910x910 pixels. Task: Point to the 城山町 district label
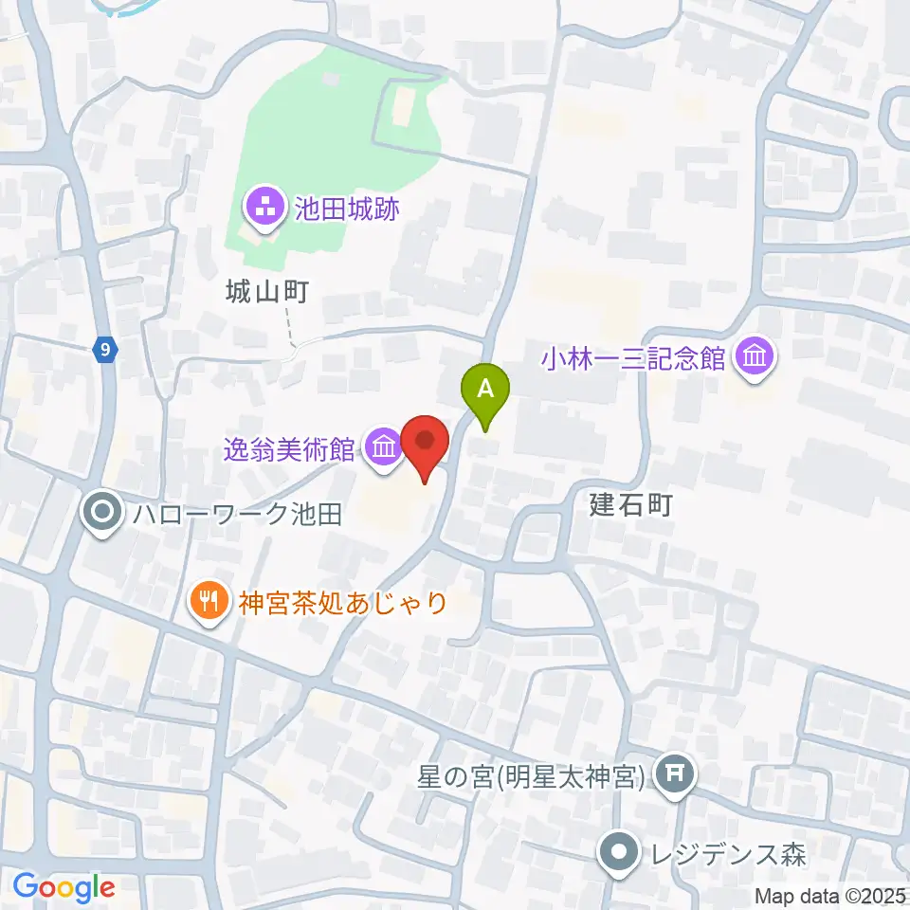pos(267,293)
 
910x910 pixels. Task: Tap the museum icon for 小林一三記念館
pos(756,357)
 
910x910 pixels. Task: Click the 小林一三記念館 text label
pos(633,358)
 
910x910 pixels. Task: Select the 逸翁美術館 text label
pos(289,446)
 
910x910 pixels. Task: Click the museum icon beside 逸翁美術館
pos(384,446)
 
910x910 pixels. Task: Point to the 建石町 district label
pos(631,505)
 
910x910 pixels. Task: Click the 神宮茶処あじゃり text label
pos(343,602)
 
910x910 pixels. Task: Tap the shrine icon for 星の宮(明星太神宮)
pos(679,774)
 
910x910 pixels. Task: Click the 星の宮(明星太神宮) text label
pos(532,776)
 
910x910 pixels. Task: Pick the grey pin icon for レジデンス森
pos(619,853)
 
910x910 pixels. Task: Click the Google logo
pos(64,886)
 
